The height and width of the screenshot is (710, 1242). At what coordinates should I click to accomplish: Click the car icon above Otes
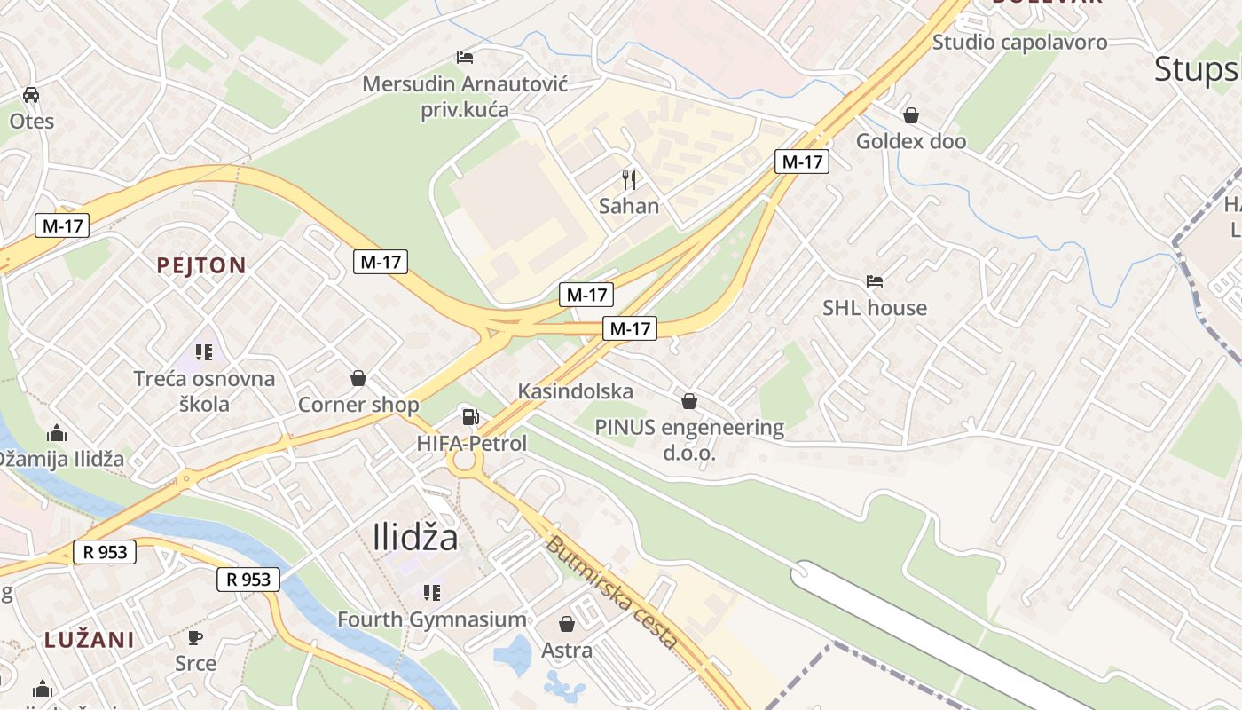30,94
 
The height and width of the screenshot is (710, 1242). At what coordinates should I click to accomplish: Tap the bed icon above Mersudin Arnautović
465,58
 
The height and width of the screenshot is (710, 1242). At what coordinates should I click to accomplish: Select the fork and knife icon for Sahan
629,180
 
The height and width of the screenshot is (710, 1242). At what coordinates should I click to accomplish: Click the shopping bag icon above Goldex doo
910,115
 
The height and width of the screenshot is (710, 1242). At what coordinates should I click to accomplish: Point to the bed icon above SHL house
875,281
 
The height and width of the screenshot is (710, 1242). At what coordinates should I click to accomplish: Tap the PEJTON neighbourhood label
201,264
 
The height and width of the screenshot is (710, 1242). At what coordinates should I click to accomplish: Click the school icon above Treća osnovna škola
205,352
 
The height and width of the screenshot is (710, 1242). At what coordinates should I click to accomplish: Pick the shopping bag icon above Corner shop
358,378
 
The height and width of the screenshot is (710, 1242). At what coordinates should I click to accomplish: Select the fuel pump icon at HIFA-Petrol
471,416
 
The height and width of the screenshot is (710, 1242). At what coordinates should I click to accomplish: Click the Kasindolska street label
576,391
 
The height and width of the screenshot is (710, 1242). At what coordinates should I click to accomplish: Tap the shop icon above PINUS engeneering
689,401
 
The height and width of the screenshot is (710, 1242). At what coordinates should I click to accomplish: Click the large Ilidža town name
415,538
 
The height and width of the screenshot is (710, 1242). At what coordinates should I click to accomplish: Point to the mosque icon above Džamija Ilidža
58,433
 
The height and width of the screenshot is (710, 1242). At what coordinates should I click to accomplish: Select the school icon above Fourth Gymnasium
432,592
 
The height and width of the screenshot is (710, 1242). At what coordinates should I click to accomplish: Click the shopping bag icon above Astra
567,624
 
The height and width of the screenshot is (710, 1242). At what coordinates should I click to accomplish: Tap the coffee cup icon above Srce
195,637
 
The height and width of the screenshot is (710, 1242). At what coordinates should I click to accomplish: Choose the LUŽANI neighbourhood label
90,639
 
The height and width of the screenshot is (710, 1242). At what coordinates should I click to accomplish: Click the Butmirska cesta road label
612,592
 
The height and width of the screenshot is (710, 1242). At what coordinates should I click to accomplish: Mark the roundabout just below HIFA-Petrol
464,461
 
